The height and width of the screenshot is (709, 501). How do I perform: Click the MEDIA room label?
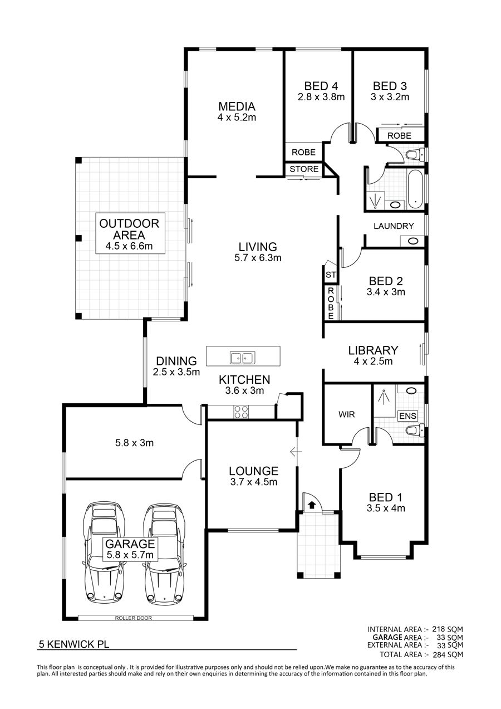(x=237, y=106)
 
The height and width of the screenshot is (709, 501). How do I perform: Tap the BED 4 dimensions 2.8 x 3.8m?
(x=321, y=97)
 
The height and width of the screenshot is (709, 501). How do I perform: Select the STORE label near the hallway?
(x=304, y=169)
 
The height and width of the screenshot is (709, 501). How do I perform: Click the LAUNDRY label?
(x=394, y=226)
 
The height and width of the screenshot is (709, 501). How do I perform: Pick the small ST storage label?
(x=331, y=275)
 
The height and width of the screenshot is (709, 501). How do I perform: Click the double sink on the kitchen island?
(x=243, y=358)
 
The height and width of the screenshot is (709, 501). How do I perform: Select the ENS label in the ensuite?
(x=407, y=415)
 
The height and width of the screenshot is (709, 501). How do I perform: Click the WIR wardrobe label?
(x=347, y=414)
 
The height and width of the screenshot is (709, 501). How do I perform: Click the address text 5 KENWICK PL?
(x=74, y=644)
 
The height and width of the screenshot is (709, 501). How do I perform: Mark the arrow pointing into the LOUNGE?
(x=296, y=452)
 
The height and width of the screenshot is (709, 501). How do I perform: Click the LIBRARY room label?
(x=373, y=350)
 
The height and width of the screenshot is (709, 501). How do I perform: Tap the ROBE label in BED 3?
(x=400, y=136)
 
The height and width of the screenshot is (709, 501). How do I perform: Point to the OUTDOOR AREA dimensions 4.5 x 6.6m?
(x=129, y=246)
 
